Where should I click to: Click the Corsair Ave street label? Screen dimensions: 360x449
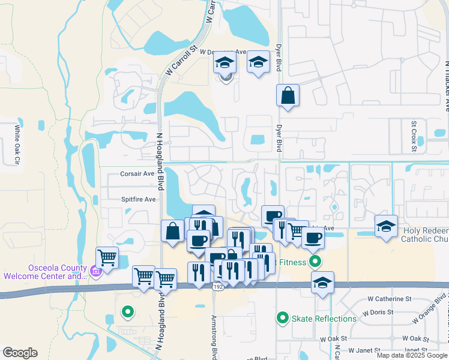point(138,173)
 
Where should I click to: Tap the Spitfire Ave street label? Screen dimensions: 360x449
point(139,199)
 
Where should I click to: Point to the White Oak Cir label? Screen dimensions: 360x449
point(18,144)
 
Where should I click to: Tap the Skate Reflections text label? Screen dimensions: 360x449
point(324,318)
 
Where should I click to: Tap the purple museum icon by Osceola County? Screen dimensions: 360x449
point(94,273)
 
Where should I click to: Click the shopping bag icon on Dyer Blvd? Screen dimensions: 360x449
point(288,95)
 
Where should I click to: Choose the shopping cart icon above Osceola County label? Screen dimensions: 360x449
point(107,257)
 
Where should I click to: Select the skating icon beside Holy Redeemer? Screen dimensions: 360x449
point(386,226)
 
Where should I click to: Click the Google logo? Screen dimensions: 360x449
point(20,353)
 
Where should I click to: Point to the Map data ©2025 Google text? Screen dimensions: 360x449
point(412,355)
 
